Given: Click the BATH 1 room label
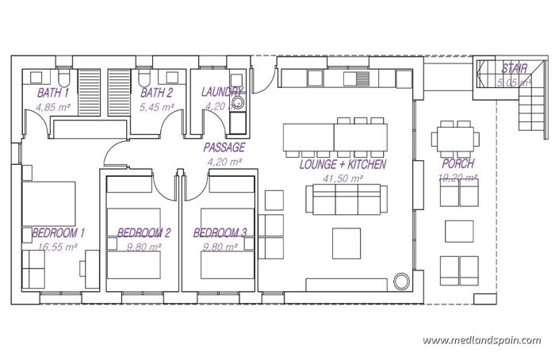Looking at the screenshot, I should (x=53, y=92).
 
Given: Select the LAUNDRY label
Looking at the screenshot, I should (x=221, y=92).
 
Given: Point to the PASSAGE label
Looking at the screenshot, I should (x=224, y=147).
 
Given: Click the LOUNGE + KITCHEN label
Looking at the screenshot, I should (x=343, y=165).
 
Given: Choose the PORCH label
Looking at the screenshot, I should (x=458, y=164).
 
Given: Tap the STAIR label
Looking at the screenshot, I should (x=514, y=70).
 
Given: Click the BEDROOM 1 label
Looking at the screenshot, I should (x=59, y=233).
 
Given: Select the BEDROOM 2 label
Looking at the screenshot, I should (x=144, y=233).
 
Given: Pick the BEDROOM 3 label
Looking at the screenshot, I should (x=220, y=233).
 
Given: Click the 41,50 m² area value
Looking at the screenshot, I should (x=343, y=179).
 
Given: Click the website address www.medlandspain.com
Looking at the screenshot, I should (x=482, y=339).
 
